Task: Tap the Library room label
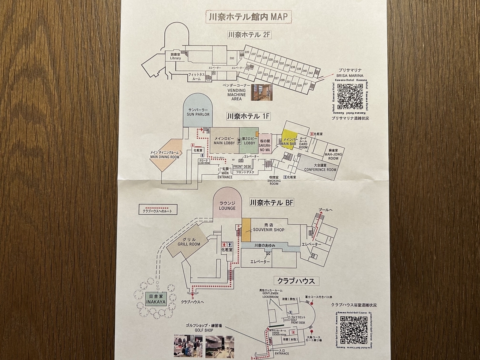point(175,56)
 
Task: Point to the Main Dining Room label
point(164,155)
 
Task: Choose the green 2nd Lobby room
point(249,140)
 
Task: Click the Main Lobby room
point(224,140)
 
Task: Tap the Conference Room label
point(320,167)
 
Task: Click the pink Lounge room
point(227,204)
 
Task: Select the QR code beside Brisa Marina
point(350,96)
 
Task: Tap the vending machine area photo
point(262,92)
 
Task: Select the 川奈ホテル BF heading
point(272,203)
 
